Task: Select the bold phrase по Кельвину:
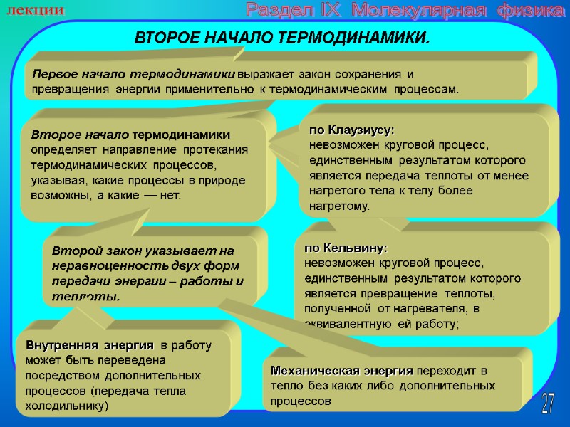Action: (346, 248)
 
